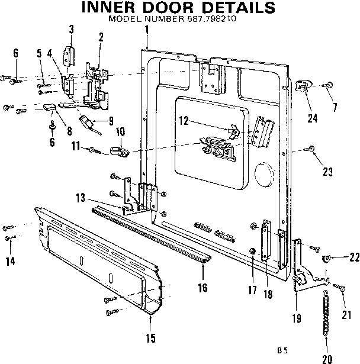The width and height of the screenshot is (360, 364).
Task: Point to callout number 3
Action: pos(72,30)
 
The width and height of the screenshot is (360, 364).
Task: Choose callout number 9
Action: pos(111,121)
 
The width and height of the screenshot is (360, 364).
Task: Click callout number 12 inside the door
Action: pos(184,121)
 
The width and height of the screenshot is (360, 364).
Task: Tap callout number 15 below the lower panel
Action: pos(150,338)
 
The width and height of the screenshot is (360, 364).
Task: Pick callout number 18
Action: pos(268,294)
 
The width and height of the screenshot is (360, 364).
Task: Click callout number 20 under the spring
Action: pos(326,358)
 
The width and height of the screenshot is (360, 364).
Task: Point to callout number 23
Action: pos(327,172)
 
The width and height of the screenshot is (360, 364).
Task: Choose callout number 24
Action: pos(313,118)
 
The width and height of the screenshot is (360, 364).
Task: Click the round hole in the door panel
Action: pos(262,176)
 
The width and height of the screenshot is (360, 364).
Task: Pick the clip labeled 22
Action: pos(325,258)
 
